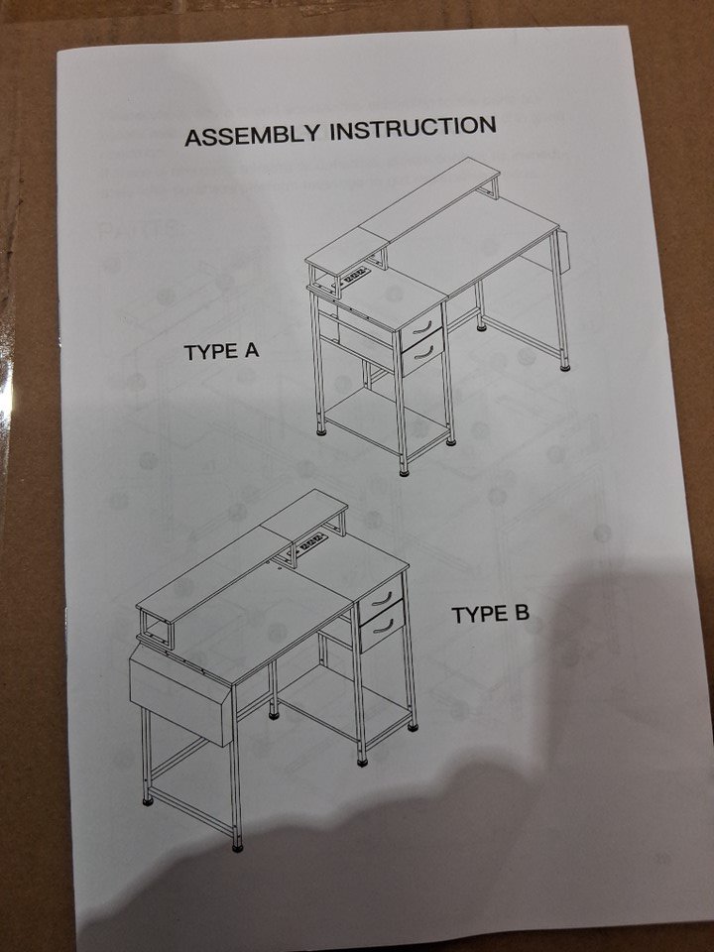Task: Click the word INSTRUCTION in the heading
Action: (x=413, y=128)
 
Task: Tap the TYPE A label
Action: (x=221, y=351)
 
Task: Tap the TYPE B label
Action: (x=490, y=615)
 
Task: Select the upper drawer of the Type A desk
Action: (x=421, y=328)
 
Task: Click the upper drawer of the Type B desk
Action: (x=380, y=599)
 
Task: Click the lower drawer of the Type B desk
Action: (x=383, y=627)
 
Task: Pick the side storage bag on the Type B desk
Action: (x=180, y=701)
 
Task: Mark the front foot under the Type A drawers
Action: (x=404, y=471)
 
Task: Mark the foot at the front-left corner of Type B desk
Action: (x=237, y=846)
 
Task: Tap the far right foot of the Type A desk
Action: (x=564, y=367)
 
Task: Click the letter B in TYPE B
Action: (x=521, y=614)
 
